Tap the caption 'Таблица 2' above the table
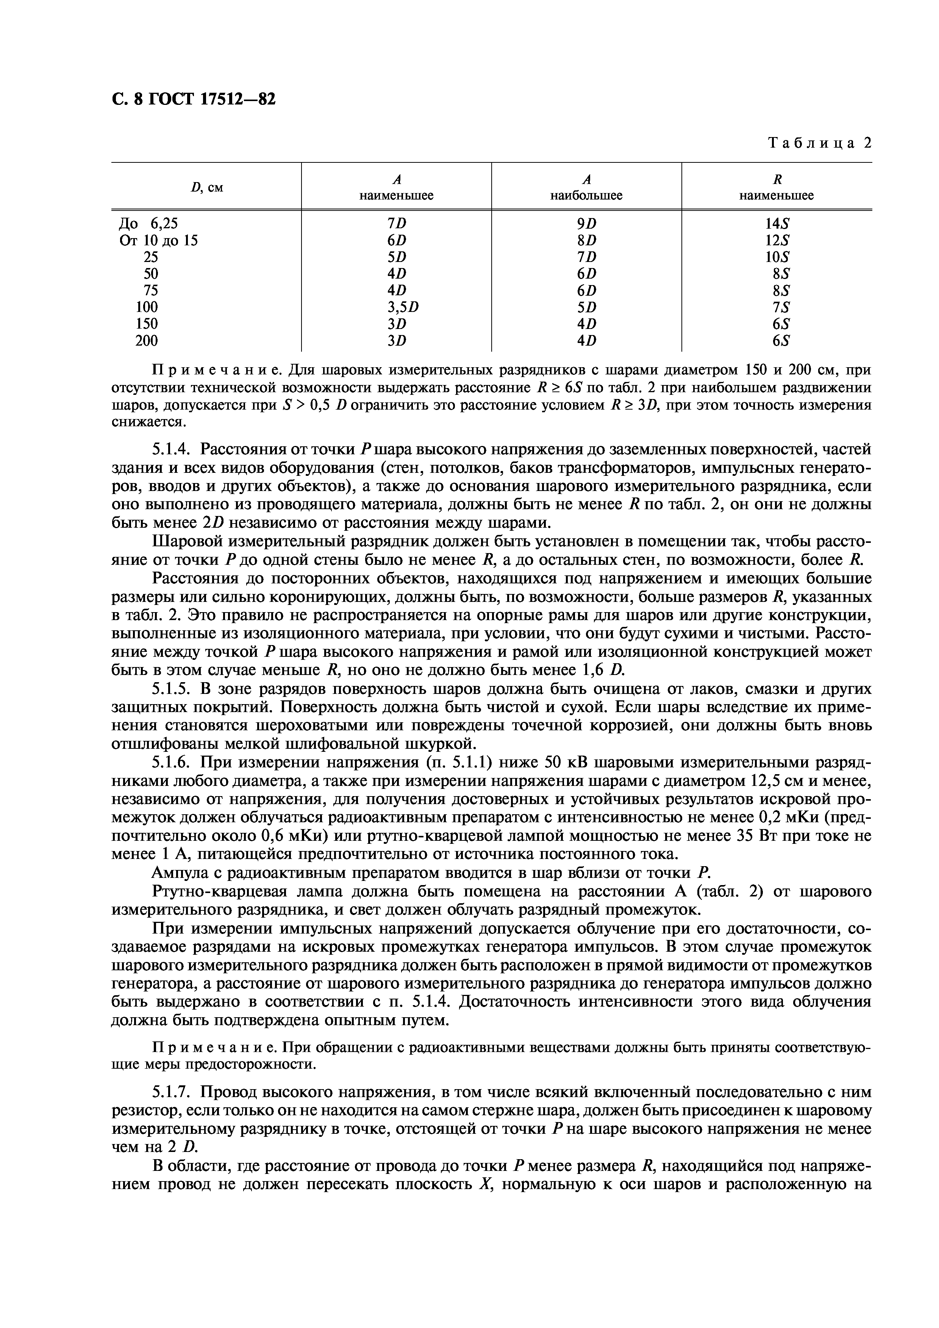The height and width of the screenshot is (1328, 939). (819, 143)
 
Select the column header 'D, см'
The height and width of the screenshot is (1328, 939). (206, 187)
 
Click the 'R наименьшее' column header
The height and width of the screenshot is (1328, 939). (777, 187)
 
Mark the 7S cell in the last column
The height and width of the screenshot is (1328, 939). (777, 307)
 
